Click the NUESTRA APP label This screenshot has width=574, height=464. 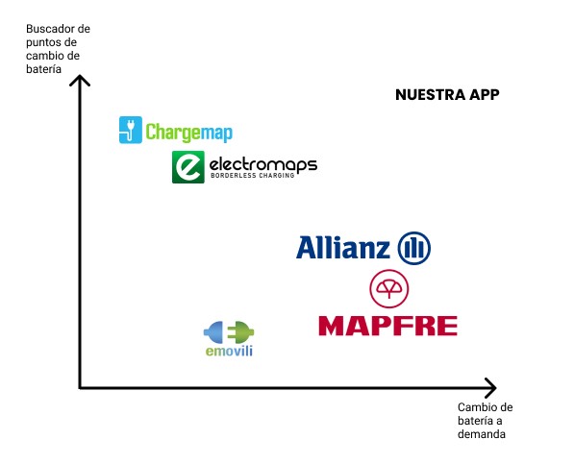point(447,95)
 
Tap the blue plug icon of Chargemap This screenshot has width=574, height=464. point(131,130)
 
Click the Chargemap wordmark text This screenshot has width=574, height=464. point(188,132)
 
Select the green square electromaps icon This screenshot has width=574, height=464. point(188,167)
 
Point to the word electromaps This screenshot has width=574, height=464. point(263,164)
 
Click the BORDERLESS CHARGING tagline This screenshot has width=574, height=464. point(253,175)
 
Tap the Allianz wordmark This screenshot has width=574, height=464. point(343,248)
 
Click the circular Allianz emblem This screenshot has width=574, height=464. point(414,248)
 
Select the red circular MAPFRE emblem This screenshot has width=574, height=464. point(388,288)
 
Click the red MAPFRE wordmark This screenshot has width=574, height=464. point(388,327)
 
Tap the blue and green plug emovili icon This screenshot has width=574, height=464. point(229,332)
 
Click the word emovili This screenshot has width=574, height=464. point(229,352)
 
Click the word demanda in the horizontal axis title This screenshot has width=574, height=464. point(482,434)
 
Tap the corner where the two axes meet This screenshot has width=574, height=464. point(80,387)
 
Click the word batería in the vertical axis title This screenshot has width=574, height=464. point(43,69)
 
